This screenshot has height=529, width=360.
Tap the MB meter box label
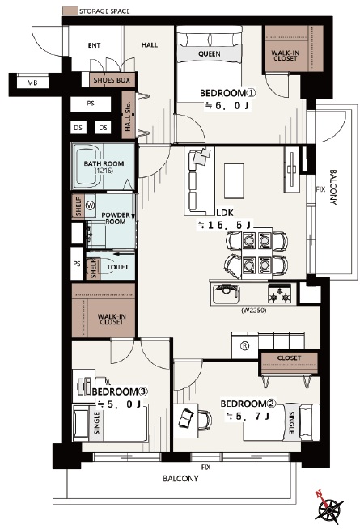coord(32,83)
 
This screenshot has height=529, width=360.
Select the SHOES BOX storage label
coord(112,80)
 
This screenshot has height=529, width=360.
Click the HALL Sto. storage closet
coord(128,115)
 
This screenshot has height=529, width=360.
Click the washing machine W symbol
coord(90,205)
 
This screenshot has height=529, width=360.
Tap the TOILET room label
coord(117,267)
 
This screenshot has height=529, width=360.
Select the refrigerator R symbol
coord(244,346)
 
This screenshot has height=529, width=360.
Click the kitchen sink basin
coord(227,294)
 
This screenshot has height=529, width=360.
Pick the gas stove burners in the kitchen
coord(279,294)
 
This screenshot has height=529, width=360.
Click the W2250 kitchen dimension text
coord(253,311)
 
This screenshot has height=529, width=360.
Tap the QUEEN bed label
coord(210,54)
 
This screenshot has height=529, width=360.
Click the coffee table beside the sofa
coord(234,181)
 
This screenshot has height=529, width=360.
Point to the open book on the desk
coord(186,417)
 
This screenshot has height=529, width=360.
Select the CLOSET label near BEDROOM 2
coord(289,358)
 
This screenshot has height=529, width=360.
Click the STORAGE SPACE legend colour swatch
coord(70,11)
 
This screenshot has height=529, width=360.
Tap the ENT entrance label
coord(94,45)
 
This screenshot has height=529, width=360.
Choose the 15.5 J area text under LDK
coord(224,226)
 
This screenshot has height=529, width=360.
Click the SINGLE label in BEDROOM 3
coord(97,423)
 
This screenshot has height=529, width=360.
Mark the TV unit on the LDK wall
coord(292,169)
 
